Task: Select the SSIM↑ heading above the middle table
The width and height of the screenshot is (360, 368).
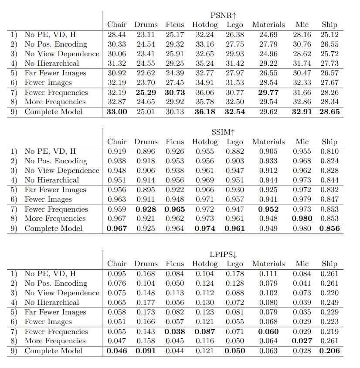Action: coord(223,132)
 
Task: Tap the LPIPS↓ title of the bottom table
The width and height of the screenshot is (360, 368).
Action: coord(223,254)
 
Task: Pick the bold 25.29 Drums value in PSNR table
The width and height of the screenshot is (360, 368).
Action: coord(146,92)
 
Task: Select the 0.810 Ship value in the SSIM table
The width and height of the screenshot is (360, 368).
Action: coord(329,151)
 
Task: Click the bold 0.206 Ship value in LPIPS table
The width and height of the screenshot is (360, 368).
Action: coord(329,351)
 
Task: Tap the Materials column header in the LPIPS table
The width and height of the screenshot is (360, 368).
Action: coord(268,263)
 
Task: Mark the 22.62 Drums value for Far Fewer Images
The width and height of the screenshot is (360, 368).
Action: coord(146,73)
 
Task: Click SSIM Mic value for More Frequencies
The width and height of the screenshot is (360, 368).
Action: coord(302,218)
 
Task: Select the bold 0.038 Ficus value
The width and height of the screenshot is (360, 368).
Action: coord(175,331)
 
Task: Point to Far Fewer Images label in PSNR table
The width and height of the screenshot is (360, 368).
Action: coord(55,73)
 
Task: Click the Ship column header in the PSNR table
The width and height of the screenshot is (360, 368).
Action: coord(329,24)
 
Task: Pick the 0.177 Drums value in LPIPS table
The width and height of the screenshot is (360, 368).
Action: coord(146,302)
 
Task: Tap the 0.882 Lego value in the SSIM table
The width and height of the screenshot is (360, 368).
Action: coord(235,151)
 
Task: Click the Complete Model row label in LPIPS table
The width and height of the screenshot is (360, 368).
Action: coord(53,351)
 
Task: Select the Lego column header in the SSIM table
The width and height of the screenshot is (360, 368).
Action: coord(235,142)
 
